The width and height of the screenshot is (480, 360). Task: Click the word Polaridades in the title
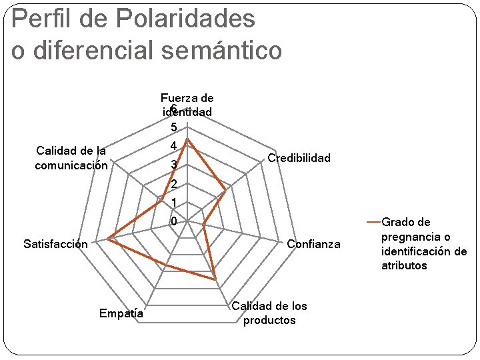185,19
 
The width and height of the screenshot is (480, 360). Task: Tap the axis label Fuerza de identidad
187,105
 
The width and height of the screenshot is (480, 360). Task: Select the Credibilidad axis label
299,158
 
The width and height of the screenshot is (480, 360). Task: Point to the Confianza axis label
313,245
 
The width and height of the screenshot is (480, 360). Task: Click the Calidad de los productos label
269,313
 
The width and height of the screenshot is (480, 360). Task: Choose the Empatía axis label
121,313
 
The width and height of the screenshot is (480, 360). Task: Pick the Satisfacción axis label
55,244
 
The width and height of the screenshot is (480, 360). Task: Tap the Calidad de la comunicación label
71,158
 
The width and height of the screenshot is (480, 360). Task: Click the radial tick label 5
173,127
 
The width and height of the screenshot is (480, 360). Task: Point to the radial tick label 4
173,146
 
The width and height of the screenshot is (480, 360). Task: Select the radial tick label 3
173,165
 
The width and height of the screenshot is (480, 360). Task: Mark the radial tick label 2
173,184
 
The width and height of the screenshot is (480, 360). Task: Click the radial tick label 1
173,203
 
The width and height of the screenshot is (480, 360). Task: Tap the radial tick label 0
173,221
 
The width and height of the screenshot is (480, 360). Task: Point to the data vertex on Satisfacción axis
107,238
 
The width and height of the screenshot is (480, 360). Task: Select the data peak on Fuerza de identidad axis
187,139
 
